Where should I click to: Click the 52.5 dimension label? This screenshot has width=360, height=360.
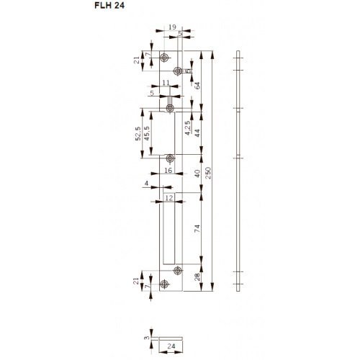(138, 135)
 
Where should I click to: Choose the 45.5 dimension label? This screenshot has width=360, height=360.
(147, 137)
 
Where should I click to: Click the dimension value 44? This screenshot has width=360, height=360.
(197, 132)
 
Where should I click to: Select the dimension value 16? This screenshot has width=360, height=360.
(167, 171)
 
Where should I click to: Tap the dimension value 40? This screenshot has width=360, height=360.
(197, 174)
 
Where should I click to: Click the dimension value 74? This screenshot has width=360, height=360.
(197, 230)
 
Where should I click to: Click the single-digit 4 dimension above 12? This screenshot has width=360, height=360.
(147, 185)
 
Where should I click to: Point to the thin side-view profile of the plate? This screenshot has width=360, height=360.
(238, 173)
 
